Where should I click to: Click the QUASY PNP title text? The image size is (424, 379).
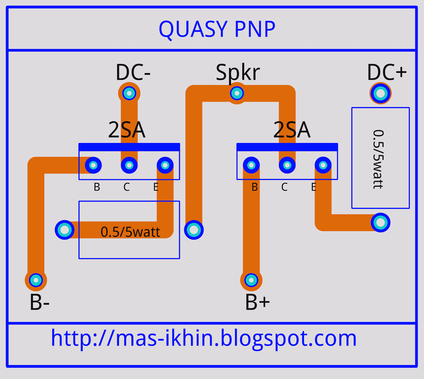click(x=217, y=29)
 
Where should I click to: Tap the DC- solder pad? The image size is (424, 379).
click(x=129, y=93)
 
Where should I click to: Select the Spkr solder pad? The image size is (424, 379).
click(x=237, y=93)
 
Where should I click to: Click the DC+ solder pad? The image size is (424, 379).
click(x=381, y=93)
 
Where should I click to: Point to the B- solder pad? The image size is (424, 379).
click(x=36, y=280)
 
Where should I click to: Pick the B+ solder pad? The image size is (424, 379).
click(x=251, y=280)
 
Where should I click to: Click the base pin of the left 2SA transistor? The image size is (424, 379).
click(x=93, y=165)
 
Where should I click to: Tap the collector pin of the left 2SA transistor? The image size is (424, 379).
click(x=129, y=165)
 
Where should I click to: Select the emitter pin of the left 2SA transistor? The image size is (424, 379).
click(x=165, y=165)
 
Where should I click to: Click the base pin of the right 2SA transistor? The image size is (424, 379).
click(x=251, y=165)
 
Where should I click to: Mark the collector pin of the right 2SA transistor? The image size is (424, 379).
click(x=287, y=165)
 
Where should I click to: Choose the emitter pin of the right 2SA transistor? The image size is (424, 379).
click(x=323, y=165)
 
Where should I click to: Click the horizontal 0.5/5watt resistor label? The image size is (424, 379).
click(x=130, y=232)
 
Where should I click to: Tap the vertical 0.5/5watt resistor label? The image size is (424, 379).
click(x=378, y=159)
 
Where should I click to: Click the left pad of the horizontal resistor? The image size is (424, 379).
click(x=65, y=230)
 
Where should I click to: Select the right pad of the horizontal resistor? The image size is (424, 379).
click(x=194, y=230)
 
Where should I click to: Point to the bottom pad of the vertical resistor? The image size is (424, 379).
click(x=381, y=223)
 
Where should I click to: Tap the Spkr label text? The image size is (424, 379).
click(x=238, y=72)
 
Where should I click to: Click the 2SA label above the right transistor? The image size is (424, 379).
click(x=291, y=130)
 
